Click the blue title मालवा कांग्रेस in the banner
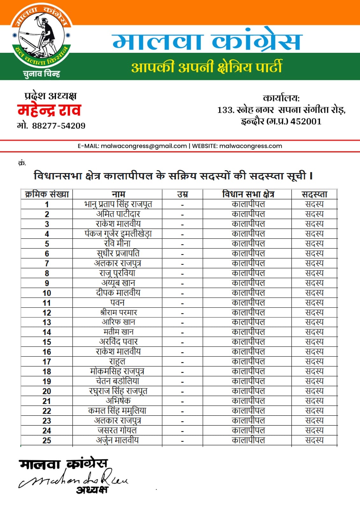coord(206,41)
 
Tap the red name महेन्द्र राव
coord(49,110)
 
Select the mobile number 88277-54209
coord(59,126)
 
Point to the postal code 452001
coord(306,122)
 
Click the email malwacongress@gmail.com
coord(144,146)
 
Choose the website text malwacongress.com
coord(251,146)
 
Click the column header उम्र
coord(182,194)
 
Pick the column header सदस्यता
coord(314,194)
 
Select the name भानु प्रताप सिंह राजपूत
coord(118,204)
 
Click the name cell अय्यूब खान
coord(118,283)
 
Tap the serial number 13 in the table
coord(47,322)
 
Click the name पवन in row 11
coord(117,303)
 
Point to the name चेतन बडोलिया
coord(117,381)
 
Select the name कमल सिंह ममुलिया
coord(117,411)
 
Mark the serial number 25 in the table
coord(47,441)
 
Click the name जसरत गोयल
coord(117,430)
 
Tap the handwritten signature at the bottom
coord(73,479)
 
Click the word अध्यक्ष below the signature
coord(92,490)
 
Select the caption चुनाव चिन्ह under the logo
coord(41,74)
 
